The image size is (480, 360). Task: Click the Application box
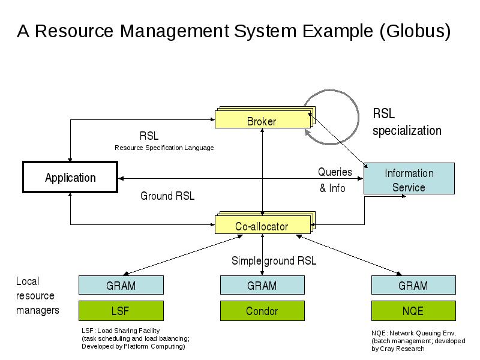coord(70,177)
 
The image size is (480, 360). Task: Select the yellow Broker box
coord(263,119)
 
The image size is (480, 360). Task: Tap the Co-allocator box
coord(263,224)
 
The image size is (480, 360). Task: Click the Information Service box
coord(409,178)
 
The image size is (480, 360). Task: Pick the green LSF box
coord(121,311)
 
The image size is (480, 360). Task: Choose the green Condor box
coord(262,311)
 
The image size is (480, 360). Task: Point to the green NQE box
coord(413,311)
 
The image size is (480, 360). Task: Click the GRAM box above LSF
coord(121,285)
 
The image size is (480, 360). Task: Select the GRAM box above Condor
coord(262,285)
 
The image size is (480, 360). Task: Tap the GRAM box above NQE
coord(413,285)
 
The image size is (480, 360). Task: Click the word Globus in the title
coord(415,31)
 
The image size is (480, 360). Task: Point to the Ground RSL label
coord(167,196)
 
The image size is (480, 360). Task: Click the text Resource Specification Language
coord(164,148)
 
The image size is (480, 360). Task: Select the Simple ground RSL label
coord(274,261)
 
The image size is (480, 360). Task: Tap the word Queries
coord(335,172)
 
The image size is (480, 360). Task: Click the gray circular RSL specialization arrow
coord(358,118)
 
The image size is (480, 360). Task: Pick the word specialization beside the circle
coord(407,131)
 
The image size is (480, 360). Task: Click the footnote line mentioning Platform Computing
coord(133,346)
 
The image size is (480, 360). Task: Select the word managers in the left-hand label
coord(38,310)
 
